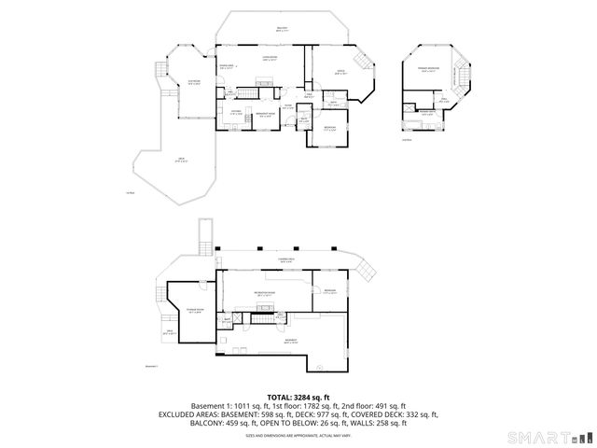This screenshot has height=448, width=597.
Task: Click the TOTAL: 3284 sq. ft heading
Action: coord(298,396)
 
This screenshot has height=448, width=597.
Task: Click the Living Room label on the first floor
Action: coord(271,59)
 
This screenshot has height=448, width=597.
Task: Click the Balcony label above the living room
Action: coord(282,30)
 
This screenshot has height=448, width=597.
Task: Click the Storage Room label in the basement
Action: coord(194,310)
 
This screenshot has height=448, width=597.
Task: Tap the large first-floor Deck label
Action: coord(180,161)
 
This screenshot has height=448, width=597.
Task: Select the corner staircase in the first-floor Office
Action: coord(366,71)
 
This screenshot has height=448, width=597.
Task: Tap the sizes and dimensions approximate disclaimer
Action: coord(298,434)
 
